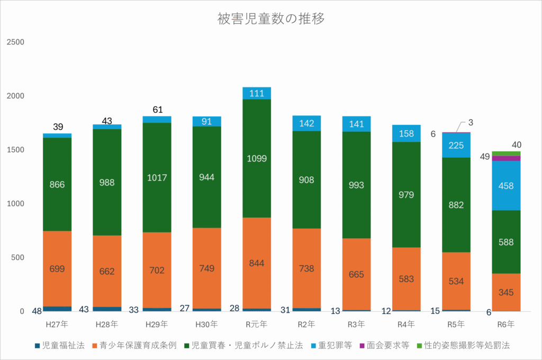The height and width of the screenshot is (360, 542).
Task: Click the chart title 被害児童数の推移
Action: click(x=271, y=19)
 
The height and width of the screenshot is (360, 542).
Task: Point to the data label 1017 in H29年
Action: click(x=157, y=177)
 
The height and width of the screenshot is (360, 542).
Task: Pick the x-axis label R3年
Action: click(x=356, y=323)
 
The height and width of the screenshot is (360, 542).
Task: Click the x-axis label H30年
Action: click(x=207, y=323)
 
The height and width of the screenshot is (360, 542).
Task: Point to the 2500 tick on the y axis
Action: click(x=15, y=42)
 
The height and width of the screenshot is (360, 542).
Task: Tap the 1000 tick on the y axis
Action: click(x=15, y=204)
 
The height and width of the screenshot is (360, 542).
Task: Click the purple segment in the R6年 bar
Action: click(x=507, y=158)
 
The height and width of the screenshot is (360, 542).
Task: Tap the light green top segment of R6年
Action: click(x=507, y=154)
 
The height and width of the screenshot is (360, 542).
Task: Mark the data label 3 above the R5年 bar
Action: click(x=471, y=123)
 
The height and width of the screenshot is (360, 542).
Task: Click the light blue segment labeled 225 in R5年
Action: click(x=456, y=145)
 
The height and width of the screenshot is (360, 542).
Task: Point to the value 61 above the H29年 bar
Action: click(x=157, y=110)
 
